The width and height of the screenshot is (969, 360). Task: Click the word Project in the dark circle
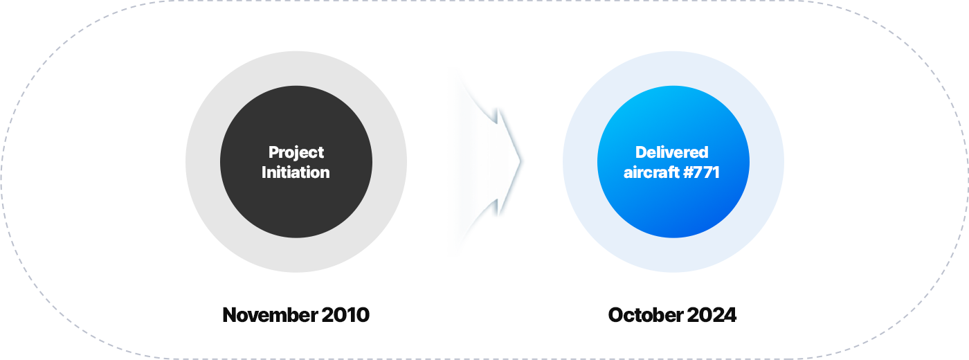coord(296,153)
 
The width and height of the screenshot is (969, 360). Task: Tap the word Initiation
coord(296,172)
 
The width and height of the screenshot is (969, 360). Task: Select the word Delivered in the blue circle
coord(672,152)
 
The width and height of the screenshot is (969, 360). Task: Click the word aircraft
coord(651,172)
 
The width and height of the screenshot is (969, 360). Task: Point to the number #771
coord(702,172)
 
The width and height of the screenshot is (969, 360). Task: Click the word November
coord(270,314)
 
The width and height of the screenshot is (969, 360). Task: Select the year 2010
coord(345,314)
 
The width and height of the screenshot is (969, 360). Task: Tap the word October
coord(645,314)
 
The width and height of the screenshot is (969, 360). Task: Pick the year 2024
coord(712,314)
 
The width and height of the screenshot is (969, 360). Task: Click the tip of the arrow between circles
coord(520,161)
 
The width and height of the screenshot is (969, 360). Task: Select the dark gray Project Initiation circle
coord(296,162)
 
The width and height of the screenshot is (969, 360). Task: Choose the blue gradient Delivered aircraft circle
coord(673,162)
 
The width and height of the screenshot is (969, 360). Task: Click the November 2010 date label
coord(296,314)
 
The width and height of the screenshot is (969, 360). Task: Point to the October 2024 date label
coord(672,314)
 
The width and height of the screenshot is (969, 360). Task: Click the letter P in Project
coord(273,152)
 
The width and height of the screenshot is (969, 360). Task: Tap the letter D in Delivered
coord(641,152)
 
